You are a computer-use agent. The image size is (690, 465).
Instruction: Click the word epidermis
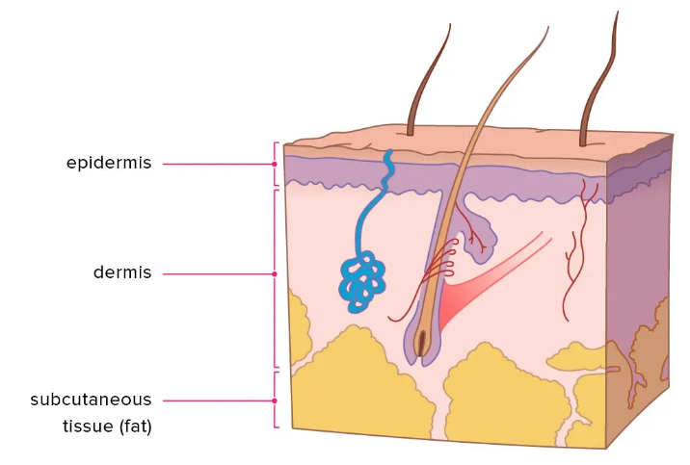coord(109,163)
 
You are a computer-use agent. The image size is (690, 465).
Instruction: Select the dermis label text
coord(122,272)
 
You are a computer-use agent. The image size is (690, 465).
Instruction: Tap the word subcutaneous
coord(91,399)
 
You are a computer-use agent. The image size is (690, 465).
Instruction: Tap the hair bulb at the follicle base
coord(420,342)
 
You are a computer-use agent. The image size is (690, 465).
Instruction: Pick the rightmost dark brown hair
coord(597,77)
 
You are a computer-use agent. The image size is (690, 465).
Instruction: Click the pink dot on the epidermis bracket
coord(275,164)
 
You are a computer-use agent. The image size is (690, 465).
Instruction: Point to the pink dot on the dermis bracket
coord(275,273)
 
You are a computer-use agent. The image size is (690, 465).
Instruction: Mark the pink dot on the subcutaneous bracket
coord(275,400)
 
